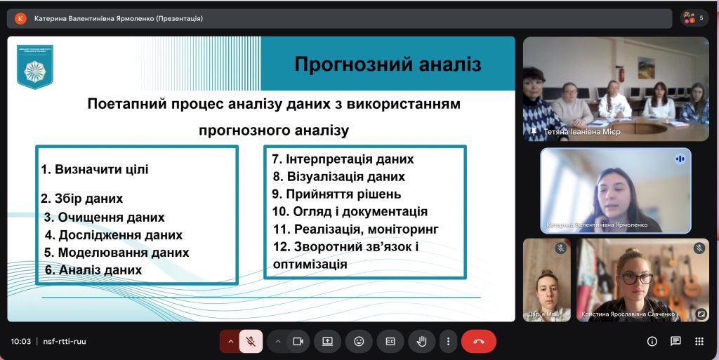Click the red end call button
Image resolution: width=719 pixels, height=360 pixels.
(x=479, y=341)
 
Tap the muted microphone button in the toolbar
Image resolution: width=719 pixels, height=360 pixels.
(x=251, y=341)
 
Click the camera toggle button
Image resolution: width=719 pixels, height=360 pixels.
(x=298, y=341)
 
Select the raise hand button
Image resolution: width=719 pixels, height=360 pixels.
(x=422, y=341)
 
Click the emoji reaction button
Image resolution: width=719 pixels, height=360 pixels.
(x=359, y=341)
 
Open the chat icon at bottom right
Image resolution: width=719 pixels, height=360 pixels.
(x=675, y=341)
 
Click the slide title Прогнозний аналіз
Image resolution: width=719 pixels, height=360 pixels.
(x=388, y=65)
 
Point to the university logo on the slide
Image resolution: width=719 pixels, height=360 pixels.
(x=34, y=68)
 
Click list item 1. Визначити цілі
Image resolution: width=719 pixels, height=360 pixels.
(x=95, y=169)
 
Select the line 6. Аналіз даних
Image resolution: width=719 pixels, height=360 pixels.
(x=93, y=269)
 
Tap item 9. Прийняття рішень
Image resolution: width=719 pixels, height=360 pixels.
(x=337, y=194)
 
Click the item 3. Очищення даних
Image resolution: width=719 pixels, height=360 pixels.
(x=105, y=217)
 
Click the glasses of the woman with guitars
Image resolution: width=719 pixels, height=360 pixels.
(x=637, y=279)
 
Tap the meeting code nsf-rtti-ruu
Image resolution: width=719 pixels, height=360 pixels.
(x=64, y=342)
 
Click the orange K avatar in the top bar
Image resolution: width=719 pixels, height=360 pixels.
(x=20, y=18)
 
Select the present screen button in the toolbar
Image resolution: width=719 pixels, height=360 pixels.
(x=327, y=341)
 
